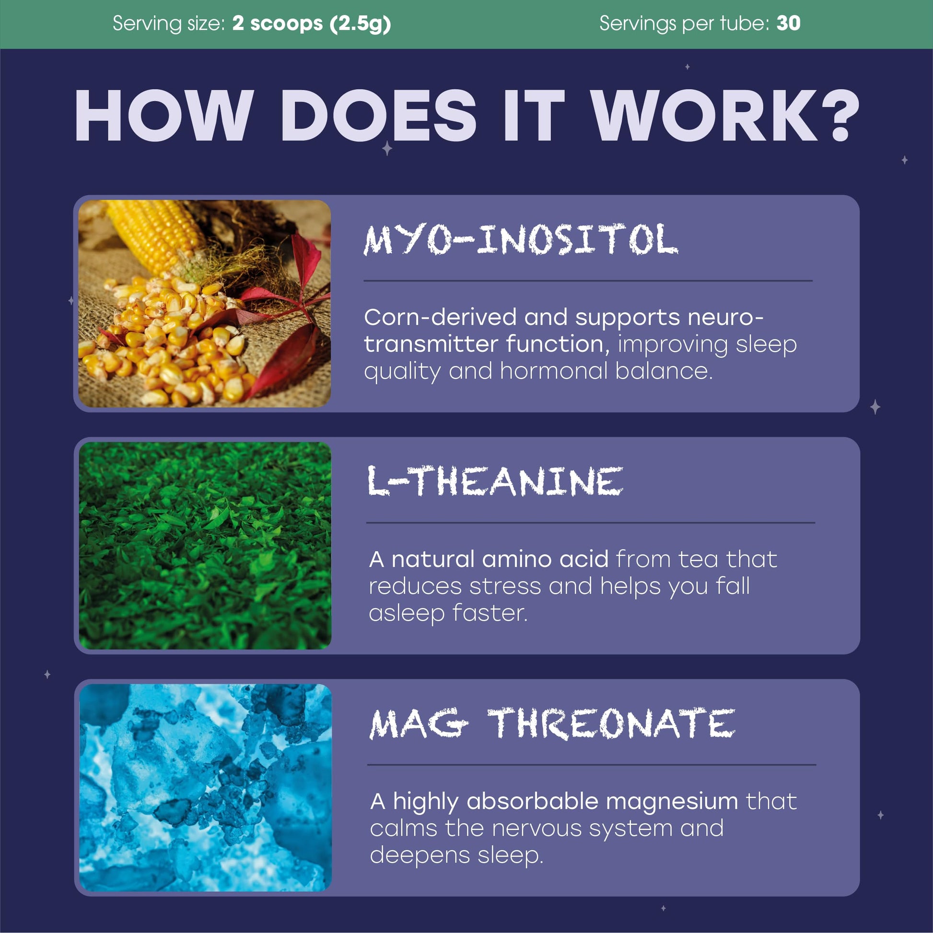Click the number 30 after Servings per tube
(x=789, y=23)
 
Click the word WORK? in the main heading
(x=725, y=116)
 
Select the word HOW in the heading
(x=164, y=116)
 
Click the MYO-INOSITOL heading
(x=521, y=240)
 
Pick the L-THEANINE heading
(x=495, y=481)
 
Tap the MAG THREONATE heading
(x=552, y=723)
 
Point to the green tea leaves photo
(x=205, y=546)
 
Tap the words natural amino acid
(x=500, y=559)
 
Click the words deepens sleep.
(x=456, y=856)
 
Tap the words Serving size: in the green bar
(x=169, y=23)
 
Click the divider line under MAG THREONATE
(x=592, y=765)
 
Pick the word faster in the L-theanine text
(x=490, y=613)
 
